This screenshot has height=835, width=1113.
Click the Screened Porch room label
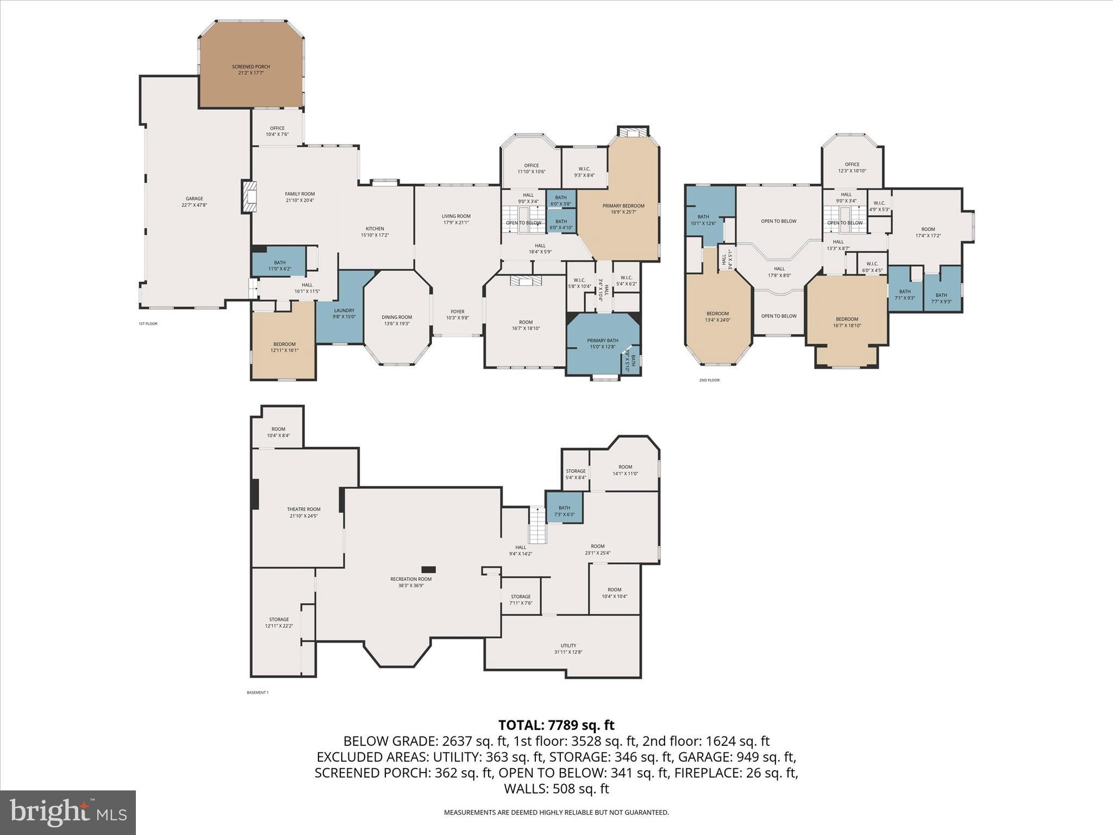[251, 67]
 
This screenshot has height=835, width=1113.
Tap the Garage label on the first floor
[194, 199]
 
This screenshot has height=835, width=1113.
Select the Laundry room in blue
[343, 313]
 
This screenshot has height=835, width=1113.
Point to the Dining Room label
[397, 317]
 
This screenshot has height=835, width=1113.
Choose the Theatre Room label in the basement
[303, 509]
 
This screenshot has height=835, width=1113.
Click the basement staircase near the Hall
[537, 526]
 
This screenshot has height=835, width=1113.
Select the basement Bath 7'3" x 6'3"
[564, 508]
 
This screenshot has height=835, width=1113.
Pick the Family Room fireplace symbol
[249, 197]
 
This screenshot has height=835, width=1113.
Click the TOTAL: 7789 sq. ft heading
[556, 725]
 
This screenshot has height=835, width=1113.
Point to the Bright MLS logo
[68, 812]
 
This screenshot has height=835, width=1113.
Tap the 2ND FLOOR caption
[709, 380]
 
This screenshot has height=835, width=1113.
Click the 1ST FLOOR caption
[148, 323]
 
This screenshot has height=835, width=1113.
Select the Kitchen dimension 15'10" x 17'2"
[374, 235]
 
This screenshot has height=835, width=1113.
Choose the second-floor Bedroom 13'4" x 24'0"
[717, 316]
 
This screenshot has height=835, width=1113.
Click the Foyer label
[457, 311]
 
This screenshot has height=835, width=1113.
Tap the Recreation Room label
[411, 579]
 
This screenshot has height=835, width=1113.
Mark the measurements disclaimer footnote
[556, 813]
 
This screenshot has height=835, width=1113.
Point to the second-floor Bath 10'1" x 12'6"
[703, 220]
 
